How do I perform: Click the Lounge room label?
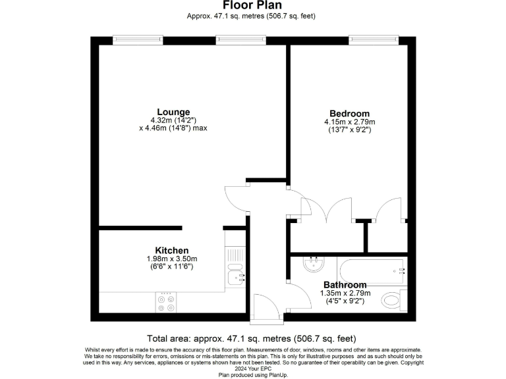173,111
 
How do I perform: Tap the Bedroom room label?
349,113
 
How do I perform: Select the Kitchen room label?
172,250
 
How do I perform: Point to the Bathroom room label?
345,285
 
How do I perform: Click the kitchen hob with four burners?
165,303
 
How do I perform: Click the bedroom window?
373,40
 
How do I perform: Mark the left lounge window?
138,40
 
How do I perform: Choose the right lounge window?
242,40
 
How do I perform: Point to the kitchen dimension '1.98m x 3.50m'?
172,259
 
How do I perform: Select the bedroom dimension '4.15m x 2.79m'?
349,122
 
